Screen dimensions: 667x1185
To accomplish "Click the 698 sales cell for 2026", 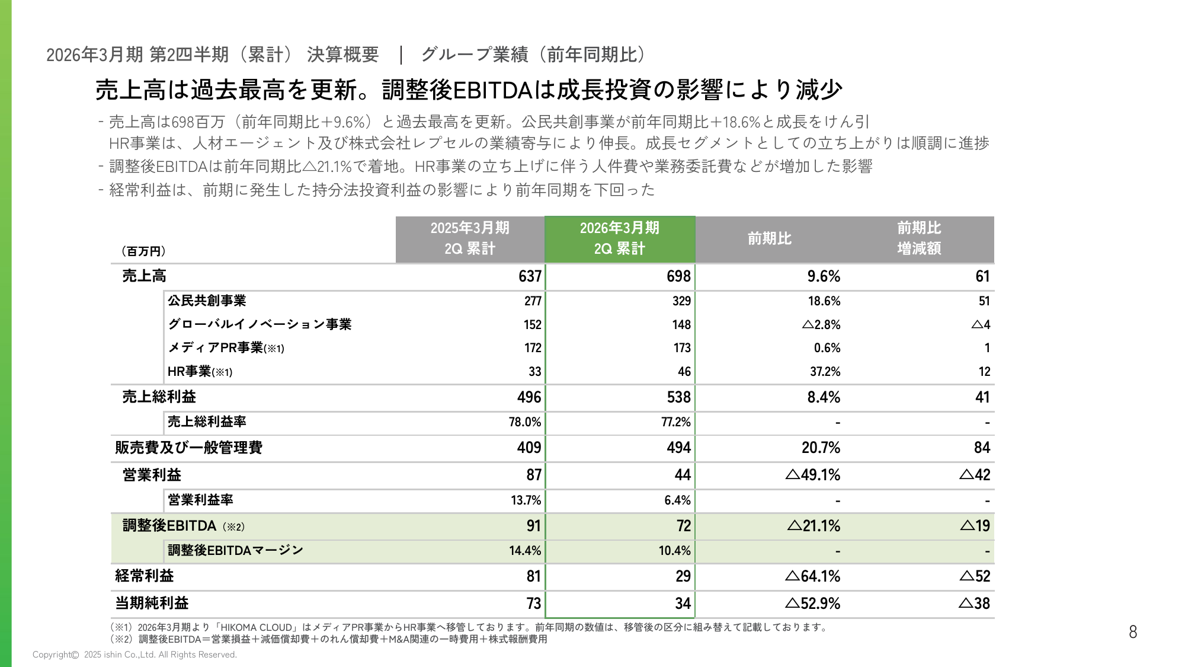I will [x=678, y=276].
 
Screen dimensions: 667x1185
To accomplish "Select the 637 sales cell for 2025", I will [x=530, y=276].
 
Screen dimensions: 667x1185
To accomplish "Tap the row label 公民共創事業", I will [x=207, y=301].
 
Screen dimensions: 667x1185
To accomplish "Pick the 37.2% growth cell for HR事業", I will [x=825, y=372].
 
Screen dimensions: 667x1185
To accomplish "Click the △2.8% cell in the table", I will [x=821, y=325].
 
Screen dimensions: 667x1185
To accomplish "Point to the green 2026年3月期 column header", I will [x=619, y=238].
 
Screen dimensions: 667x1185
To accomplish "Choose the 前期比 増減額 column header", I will [x=918, y=238].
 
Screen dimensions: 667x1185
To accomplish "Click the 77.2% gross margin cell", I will [x=676, y=422].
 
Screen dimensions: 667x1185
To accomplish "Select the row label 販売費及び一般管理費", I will [x=188, y=448].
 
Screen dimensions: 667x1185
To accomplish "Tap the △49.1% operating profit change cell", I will [x=813, y=475].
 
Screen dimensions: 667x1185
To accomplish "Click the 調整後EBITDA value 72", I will [x=683, y=526].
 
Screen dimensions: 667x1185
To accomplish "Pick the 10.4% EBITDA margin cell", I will [x=674, y=551].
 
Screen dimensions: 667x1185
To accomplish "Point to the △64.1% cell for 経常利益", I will [x=813, y=576].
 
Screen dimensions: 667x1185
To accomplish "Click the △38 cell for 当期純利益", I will [x=975, y=604].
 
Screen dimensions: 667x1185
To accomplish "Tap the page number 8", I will [x=1132, y=632].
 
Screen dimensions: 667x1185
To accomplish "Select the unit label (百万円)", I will [x=143, y=251].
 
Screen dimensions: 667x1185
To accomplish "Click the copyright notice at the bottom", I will [x=134, y=655].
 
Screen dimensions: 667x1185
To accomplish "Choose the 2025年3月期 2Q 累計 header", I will [x=470, y=238].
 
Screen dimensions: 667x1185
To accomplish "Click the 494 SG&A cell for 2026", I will [x=678, y=448].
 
